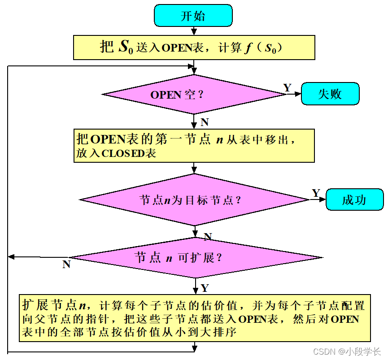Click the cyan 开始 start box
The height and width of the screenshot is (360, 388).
click(193, 16)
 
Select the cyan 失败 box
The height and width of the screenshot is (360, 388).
click(330, 94)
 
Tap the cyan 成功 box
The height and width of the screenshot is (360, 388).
click(354, 200)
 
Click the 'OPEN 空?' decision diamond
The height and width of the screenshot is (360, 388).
click(194, 94)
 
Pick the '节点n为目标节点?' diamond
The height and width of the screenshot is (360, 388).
click(194, 200)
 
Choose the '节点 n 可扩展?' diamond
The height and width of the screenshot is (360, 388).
click(196, 258)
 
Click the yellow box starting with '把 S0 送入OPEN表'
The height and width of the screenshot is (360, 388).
click(194, 48)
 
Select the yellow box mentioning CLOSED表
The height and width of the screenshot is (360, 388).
click(194, 146)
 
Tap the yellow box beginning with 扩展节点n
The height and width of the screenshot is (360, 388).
click(195, 318)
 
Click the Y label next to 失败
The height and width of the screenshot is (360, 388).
click(288, 87)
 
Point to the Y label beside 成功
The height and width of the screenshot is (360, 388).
click(316, 193)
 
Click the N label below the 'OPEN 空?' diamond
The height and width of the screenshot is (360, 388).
click(205, 122)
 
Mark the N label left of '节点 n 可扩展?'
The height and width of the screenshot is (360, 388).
click(66, 265)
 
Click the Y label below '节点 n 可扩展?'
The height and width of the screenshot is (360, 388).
click(205, 287)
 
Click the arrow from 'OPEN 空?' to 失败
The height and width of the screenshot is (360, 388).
click(293, 94)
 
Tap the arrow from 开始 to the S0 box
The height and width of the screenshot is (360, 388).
click(194, 30)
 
